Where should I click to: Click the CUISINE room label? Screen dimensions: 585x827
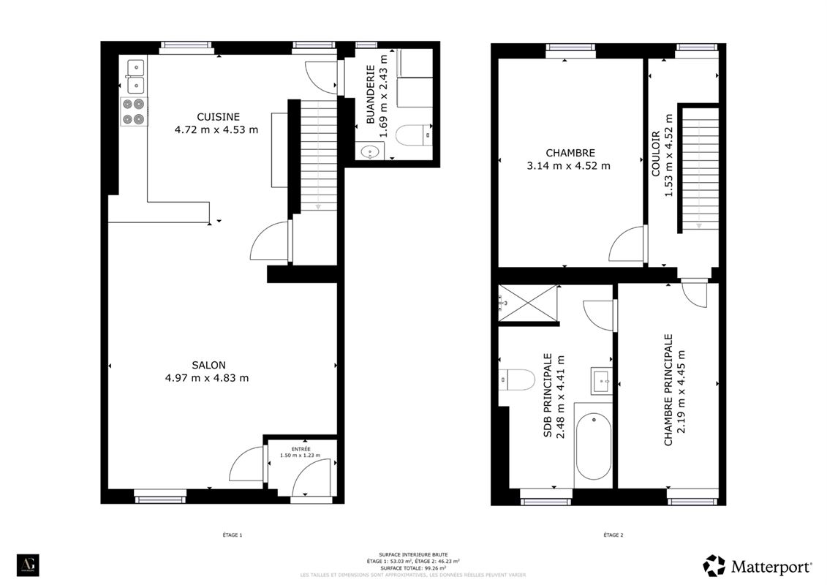point(217,117)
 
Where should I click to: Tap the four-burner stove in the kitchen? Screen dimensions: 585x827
point(134,112)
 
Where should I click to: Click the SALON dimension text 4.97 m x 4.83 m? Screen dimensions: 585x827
point(207,378)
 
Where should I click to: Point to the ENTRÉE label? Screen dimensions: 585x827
point(301,448)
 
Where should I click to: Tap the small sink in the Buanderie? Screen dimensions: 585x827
point(371,153)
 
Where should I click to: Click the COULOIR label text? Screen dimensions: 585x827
point(656,154)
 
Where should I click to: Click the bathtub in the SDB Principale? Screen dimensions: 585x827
point(593,446)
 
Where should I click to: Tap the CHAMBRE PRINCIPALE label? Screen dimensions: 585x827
point(668,390)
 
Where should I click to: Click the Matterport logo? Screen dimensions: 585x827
point(757,566)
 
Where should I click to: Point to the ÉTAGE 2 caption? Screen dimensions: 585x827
point(613,535)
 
